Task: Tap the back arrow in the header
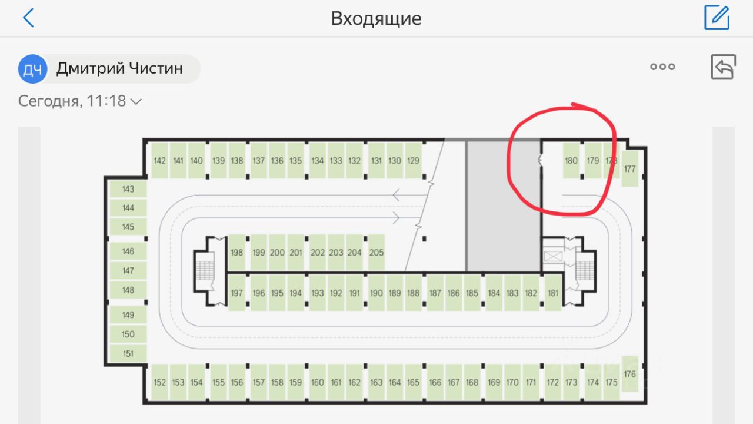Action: point(28,18)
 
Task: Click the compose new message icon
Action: point(717,18)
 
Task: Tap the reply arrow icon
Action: point(724,67)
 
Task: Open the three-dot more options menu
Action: point(662,67)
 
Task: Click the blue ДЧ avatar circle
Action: point(33,69)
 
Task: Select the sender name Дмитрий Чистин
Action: point(119,68)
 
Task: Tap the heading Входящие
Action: point(376,18)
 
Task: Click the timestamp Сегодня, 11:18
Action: point(79,101)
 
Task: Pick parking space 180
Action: point(571,160)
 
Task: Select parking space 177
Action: point(630,169)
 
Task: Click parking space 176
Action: point(630,374)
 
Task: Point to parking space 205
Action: point(376,253)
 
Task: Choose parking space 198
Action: point(236,253)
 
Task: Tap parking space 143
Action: point(128,189)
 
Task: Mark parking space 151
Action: point(128,353)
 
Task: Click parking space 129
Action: point(413,160)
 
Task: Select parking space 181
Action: point(552,293)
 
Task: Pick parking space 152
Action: point(159,382)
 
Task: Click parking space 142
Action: point(159,160)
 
